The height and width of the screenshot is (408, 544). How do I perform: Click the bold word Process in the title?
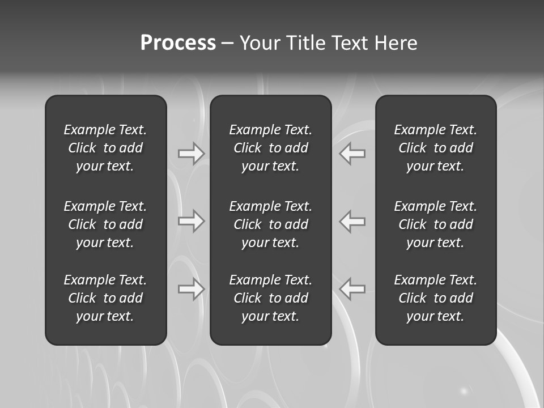coord(178,43)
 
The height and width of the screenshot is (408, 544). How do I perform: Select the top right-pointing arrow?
coord(191,154)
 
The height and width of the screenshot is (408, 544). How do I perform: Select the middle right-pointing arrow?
coord(191,221)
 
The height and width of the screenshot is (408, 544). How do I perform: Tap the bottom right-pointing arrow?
coord(191,289)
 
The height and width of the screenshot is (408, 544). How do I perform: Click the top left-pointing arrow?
coord(352,154)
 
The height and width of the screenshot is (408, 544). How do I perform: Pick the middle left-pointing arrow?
coord(352,221)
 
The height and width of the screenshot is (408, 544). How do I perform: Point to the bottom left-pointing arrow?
coord(352,289)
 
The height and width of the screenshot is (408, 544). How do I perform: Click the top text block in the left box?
coord(105,148)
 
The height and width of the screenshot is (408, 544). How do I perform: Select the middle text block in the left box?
coord(105,224)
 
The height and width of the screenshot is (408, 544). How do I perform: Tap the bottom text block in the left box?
coord(105,298)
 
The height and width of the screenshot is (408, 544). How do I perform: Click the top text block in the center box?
coord(271,148)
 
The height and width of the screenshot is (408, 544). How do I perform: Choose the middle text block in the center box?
coord(271,224)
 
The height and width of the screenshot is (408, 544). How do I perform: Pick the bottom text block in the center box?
coord(271,298)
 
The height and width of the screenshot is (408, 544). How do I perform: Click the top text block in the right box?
coord(436,148)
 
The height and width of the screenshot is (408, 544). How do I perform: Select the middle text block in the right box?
coord(436,224)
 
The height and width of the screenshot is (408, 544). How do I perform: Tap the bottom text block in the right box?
coord(436,298)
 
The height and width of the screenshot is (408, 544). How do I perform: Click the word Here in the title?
coord(396,43)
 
